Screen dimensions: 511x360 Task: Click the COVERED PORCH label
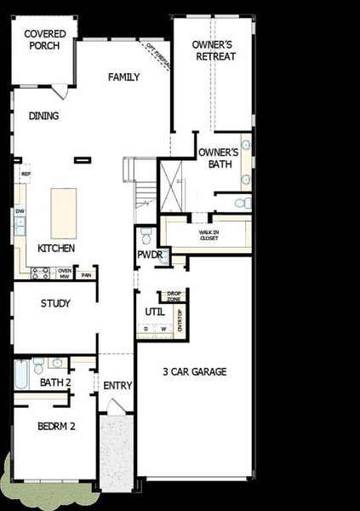(42, 39)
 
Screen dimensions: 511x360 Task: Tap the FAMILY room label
(123, 78)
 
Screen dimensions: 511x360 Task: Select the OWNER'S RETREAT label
(214, 50)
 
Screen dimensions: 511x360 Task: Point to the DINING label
(43, 117)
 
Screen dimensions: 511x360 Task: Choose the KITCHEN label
(56, 249)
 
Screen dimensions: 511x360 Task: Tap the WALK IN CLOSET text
(209, 234)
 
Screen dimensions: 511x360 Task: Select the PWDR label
(149, 255)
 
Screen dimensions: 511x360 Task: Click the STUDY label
(55, 303)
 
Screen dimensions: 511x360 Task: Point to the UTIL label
(155, 312)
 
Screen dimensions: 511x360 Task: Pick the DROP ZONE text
(174, 297)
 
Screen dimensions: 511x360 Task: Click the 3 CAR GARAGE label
(195, 371)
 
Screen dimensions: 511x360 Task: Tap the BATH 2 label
(55, 382)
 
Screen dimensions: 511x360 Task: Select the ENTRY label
(117, 386)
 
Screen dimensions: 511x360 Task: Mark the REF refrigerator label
(26, 174)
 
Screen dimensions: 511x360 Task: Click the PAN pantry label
(85, 275)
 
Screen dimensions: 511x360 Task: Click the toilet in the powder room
(145, 233)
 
